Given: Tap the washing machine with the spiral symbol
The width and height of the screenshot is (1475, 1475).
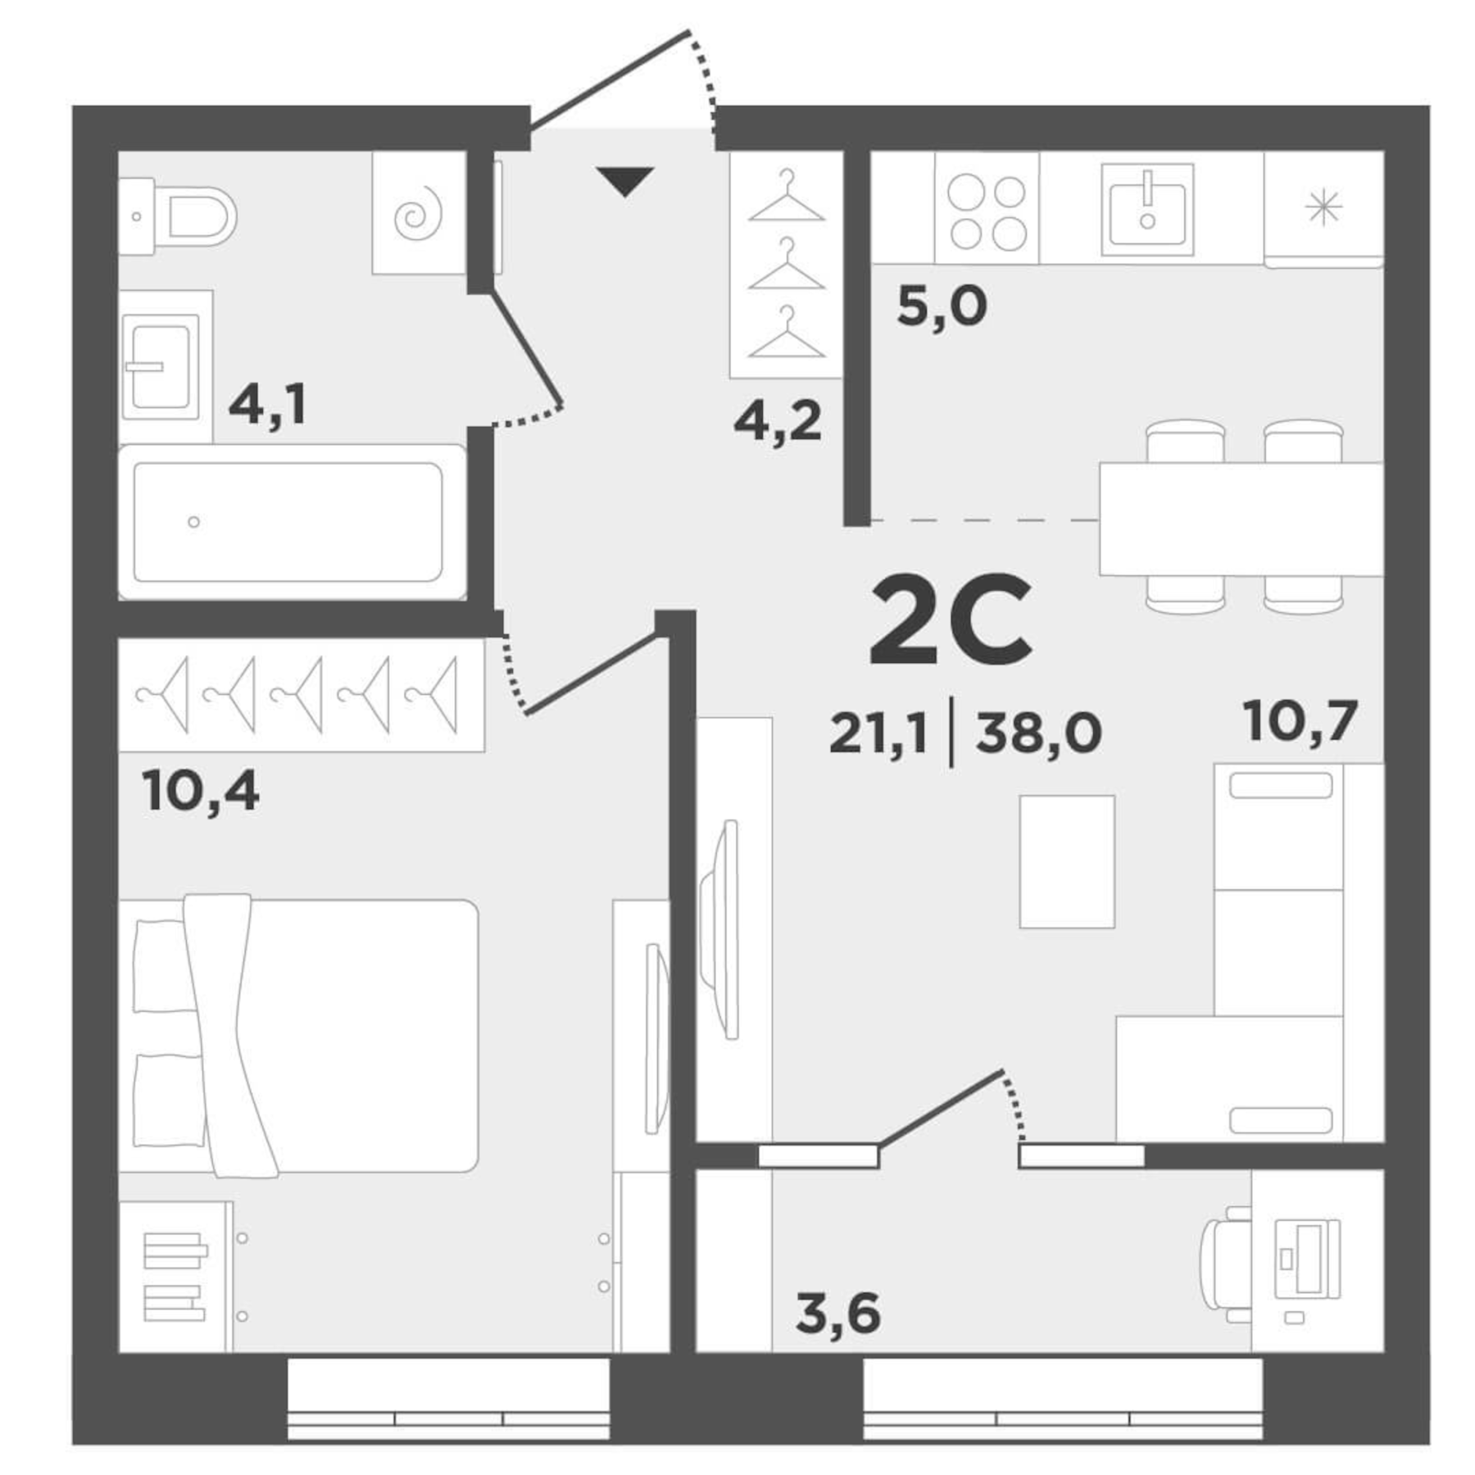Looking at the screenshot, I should coord(419,213).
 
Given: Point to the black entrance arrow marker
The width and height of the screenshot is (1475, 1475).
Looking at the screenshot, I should coord(624,180).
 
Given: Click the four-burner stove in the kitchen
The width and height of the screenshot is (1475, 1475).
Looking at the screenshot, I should coord(987,213).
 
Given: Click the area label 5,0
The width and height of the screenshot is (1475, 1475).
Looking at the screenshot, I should coord(942,307).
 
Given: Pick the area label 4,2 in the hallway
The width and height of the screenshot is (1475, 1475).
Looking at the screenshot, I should coord(777,422).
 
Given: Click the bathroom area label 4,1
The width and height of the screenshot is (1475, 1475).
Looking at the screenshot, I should coord(267,404).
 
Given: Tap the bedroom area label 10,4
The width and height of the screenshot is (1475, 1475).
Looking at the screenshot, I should coord(201,792).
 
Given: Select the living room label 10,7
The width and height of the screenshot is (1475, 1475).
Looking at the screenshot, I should coord(1300,721).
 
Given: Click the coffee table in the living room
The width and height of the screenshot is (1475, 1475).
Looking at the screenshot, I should coord(1066,861).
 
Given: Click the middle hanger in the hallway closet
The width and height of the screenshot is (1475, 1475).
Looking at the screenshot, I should coord(786,266).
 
